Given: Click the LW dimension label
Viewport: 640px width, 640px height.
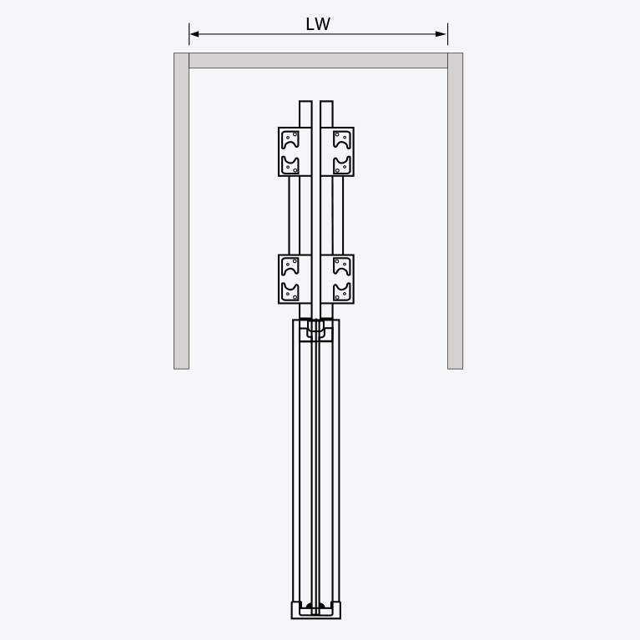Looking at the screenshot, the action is click(x=318, y=24).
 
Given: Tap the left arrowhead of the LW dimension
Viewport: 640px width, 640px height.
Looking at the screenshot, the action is click(x=194, y=34).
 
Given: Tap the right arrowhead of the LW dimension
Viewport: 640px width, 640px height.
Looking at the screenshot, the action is click(x=441, y=34).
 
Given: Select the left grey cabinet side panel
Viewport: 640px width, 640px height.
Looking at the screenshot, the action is click(x=182, y=211).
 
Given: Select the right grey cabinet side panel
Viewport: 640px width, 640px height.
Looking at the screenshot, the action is click(x=455, y=211).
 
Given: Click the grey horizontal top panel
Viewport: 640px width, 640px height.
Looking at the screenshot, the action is click(x=319, y=60).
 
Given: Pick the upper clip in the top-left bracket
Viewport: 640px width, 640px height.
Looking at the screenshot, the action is click(x=290, y=139).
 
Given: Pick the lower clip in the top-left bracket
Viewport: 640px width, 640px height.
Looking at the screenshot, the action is click(x=290, y=165).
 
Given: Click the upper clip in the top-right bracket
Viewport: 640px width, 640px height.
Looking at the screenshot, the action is click(x=342, y=139).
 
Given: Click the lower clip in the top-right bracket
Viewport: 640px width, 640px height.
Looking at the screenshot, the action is click(x=342, y=165).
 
